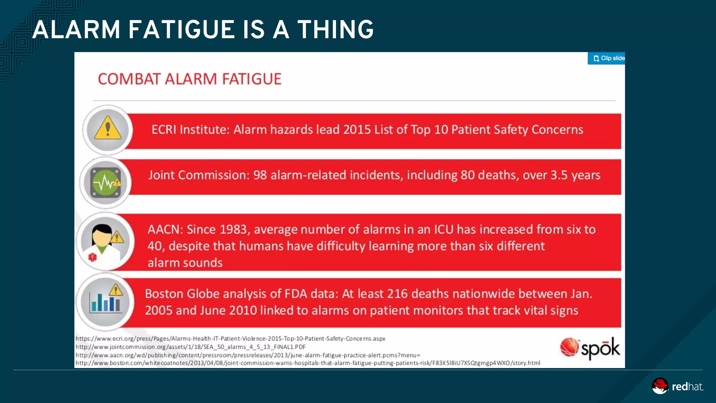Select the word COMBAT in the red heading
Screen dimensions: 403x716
[x=129, y=79]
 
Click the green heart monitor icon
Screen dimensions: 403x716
[x=105, y=183]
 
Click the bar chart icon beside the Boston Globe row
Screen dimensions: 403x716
[x=105, y=303]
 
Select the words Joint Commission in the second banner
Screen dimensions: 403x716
[x=198, y=175]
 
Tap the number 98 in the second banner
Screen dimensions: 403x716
[x=260, y=175]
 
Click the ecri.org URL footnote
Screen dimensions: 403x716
[x=230, y=339]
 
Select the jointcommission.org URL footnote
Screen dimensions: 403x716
[x=191, y=347]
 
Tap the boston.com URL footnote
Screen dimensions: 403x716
[x=308, y=363]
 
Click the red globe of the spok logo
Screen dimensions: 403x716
[x=569, y=347]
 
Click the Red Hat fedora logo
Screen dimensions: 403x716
[x=660, y=386]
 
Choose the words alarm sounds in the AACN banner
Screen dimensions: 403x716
[x=185, y=263]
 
